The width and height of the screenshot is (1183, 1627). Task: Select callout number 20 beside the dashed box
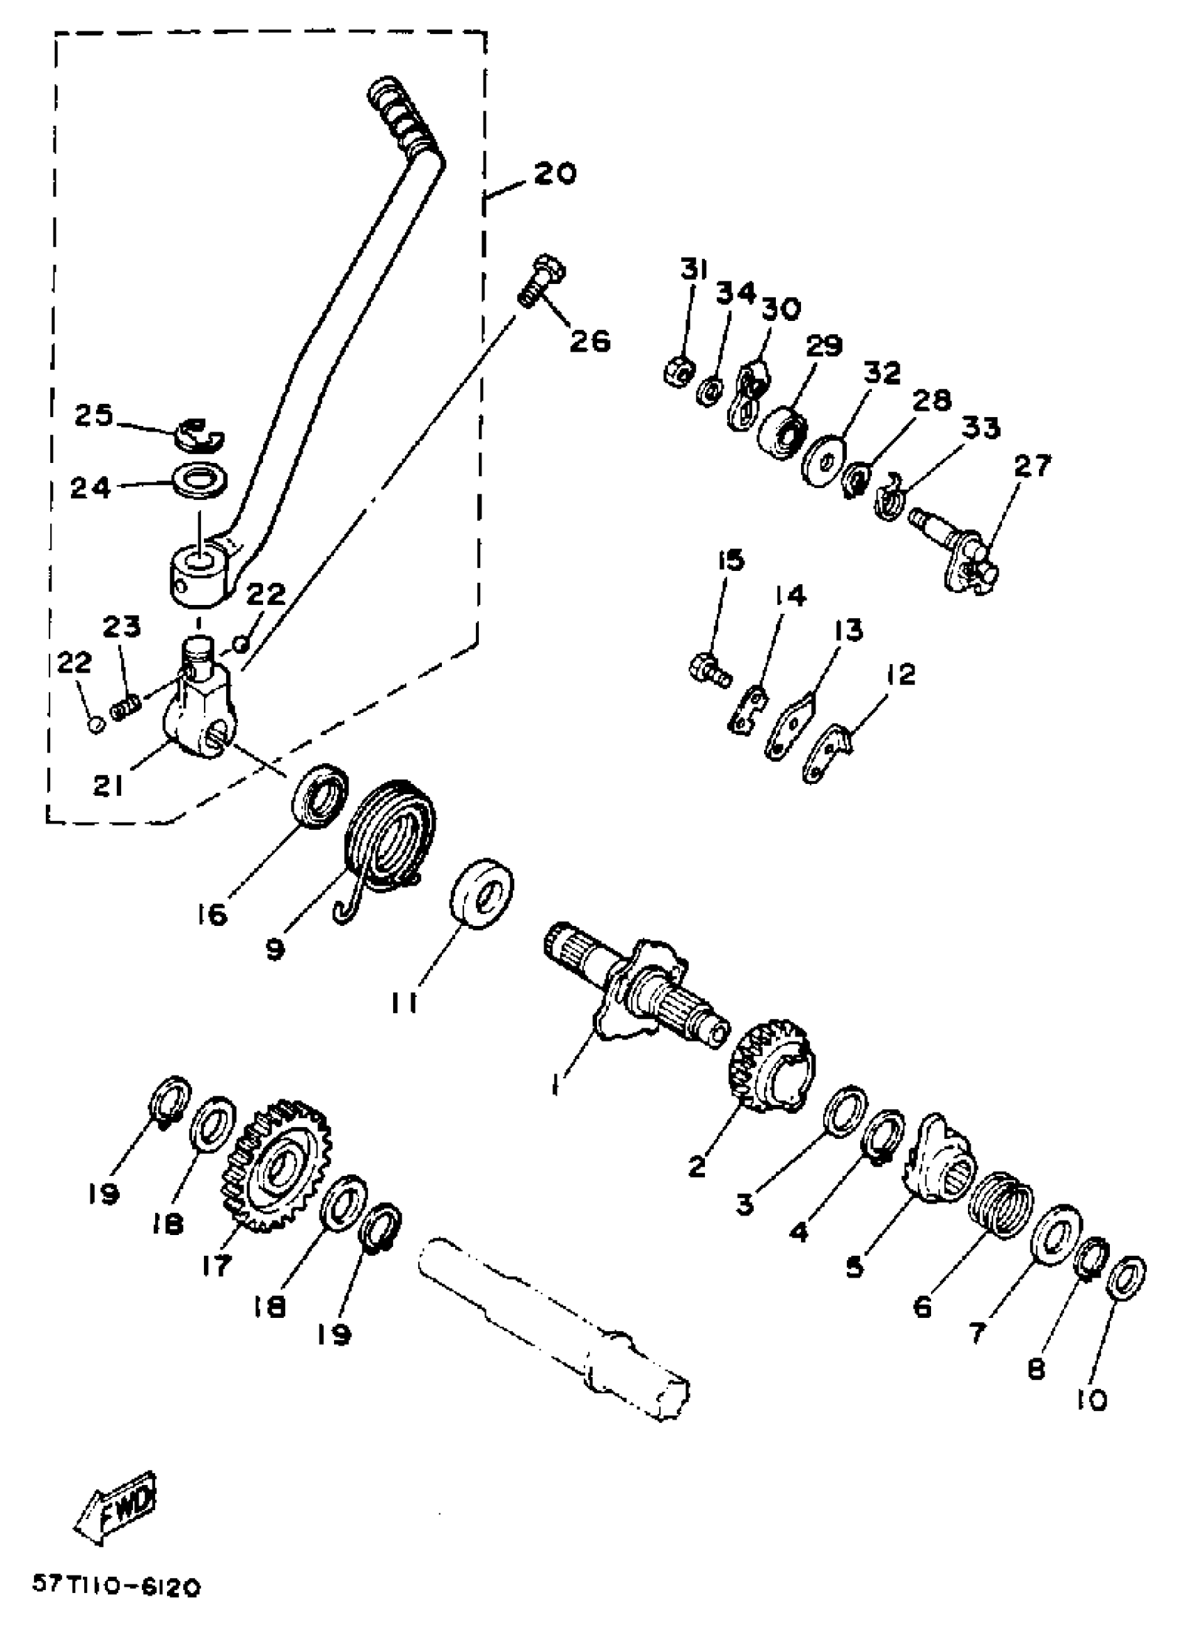[553, 173]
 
